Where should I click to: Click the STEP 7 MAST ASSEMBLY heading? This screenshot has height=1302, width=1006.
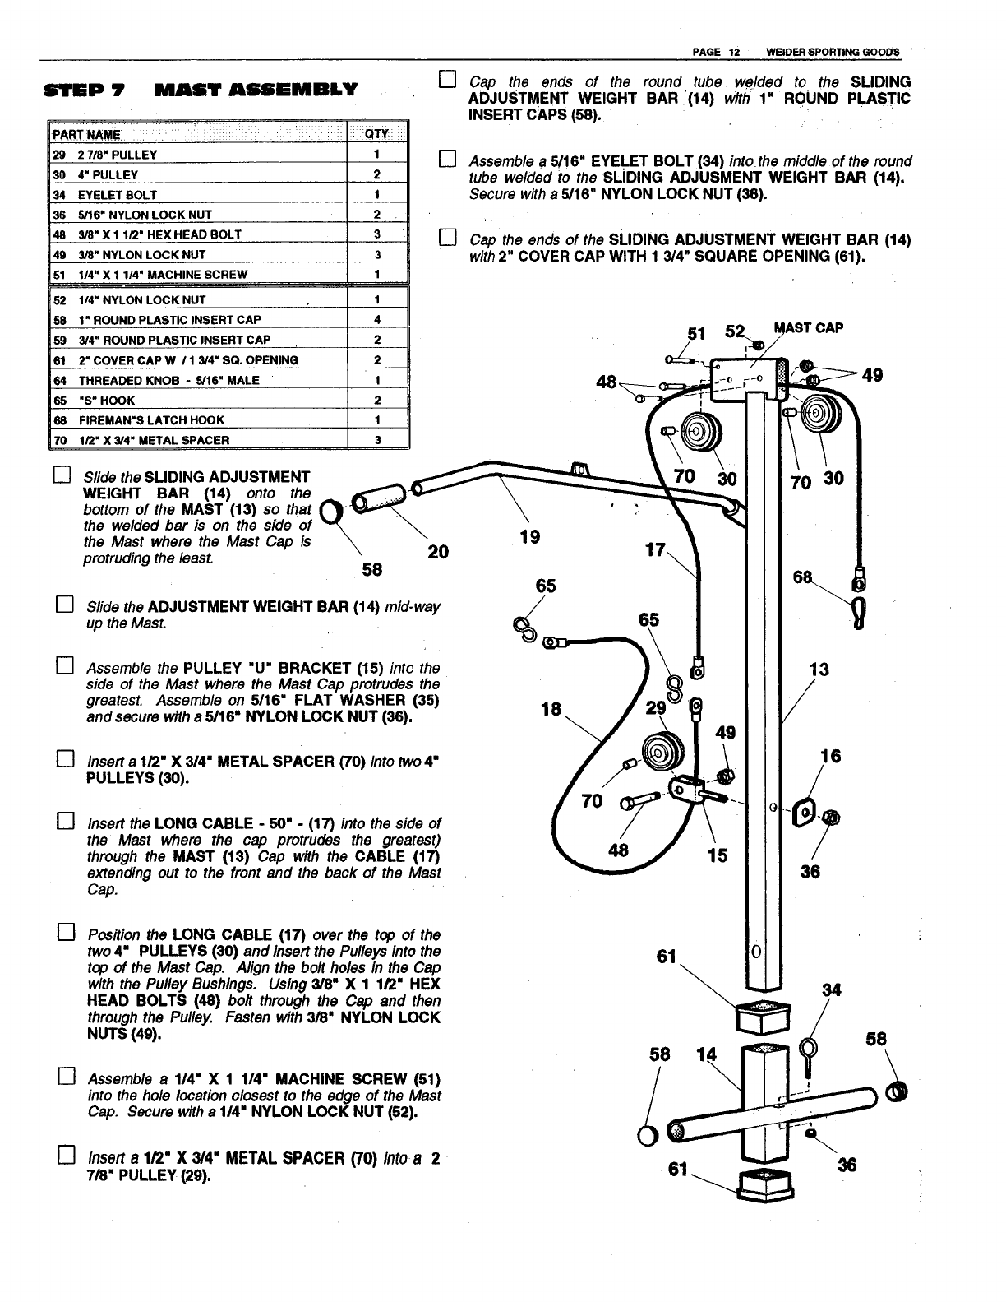click(201, 90)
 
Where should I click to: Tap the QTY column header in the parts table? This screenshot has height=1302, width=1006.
click(376, 135)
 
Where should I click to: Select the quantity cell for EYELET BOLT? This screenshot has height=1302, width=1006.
click(376, 195)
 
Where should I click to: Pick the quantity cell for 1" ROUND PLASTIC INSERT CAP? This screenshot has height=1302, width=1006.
click(376, 320)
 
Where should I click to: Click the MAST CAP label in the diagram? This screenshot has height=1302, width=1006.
click(808, 327)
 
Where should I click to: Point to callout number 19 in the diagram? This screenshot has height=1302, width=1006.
click(530, 537)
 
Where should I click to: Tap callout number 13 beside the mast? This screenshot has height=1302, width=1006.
click(819, 670)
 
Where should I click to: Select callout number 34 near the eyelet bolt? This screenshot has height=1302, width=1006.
click(832, 990)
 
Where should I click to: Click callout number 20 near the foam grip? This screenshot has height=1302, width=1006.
click(438, 552)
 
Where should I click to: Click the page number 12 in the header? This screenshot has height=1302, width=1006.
click(735, 52)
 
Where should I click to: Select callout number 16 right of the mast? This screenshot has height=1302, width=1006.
click(831, 757)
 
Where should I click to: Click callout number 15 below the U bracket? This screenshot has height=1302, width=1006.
click(718, 855)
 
